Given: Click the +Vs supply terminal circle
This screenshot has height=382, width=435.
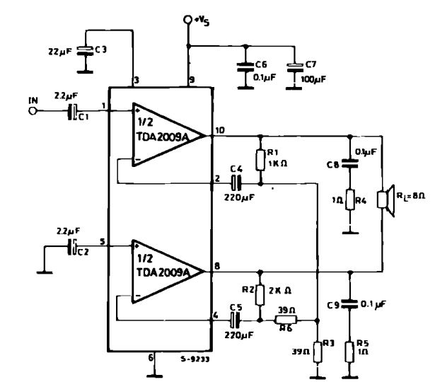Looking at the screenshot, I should pos(189,21).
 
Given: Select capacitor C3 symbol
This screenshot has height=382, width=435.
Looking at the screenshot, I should pos(84,50).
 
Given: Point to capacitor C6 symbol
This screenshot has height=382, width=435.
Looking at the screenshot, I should pos(244,67).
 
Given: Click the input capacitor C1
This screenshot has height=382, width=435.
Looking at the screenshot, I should pos(72,112).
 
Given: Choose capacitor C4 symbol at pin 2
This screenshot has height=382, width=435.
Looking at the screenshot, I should pos(238,182).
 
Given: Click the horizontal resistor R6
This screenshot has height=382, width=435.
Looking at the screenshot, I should pos(286,320).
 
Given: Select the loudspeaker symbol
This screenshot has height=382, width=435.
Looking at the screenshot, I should pos(385,200).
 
